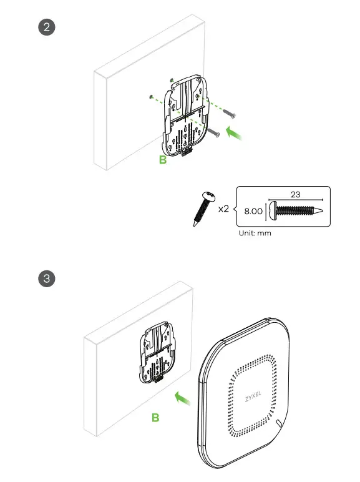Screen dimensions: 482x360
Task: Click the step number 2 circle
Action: [47, 29]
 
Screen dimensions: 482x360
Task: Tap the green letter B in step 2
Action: [163, 160]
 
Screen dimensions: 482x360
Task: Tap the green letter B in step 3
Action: [155, 417]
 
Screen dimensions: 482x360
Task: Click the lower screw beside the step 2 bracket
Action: [214, 132]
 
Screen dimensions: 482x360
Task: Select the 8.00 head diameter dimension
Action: [253, 212]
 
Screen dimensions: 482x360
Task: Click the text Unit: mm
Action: [255, 234]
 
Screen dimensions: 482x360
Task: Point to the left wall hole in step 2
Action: [152, 97]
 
